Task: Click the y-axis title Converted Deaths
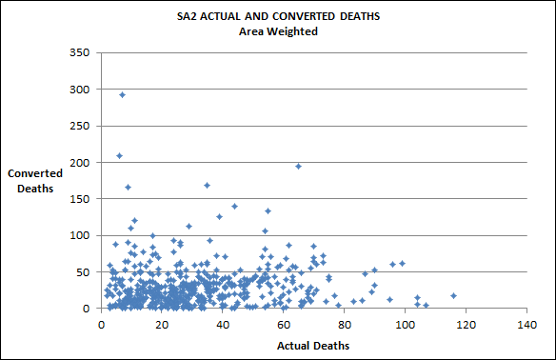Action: [35, 181]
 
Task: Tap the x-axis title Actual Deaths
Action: [313, 345]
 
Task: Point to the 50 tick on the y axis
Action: [82, 272]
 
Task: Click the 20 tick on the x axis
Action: [162, 324]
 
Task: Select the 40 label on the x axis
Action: [223, 324]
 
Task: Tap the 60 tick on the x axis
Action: [284, 324]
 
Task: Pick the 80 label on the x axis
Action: [344, 324]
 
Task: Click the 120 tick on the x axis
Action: [466, 324]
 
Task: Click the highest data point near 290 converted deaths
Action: [122, 95]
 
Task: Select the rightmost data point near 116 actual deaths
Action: [453, 295]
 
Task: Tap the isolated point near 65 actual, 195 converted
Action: [298, 166]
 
